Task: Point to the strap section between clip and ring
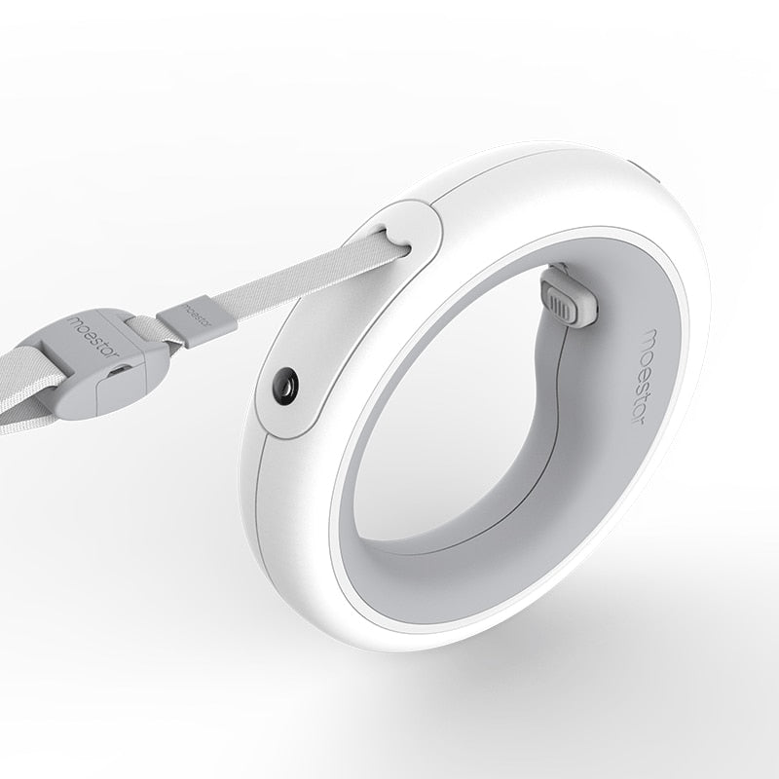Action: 292,277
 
